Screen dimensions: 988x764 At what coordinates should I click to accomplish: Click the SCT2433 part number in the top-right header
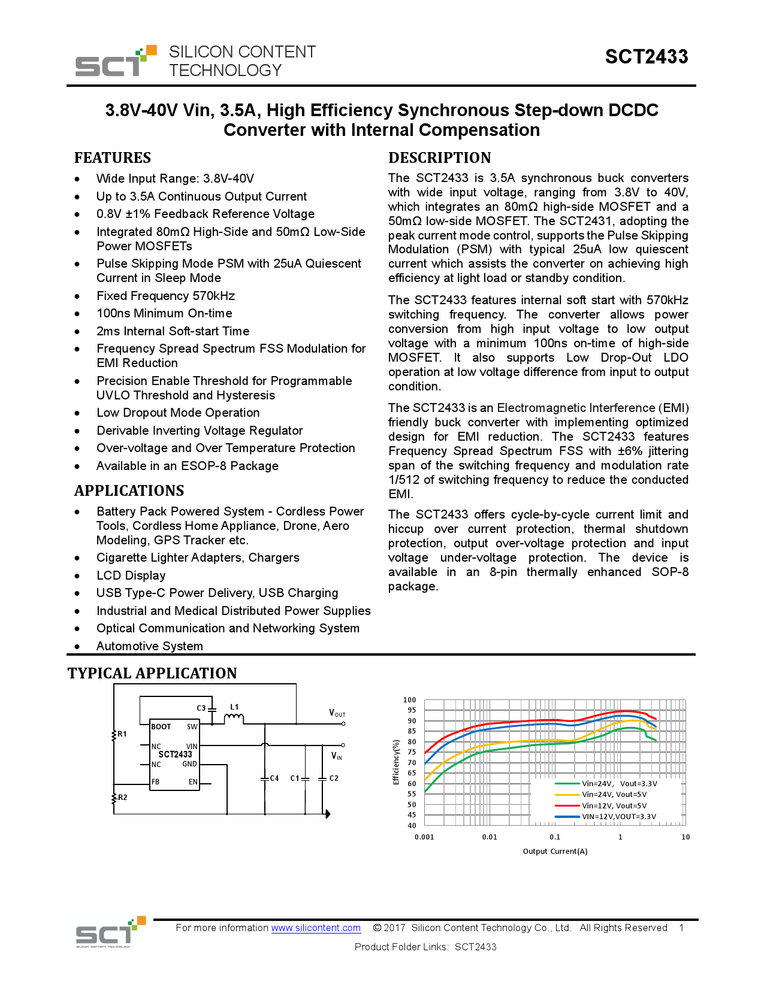tap(646, 57)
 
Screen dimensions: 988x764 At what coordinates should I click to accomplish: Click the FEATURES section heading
tap(113, 158)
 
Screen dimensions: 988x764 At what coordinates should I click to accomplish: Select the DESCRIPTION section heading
tap(439, 158)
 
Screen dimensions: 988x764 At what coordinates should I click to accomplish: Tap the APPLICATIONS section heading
tap(129, 491)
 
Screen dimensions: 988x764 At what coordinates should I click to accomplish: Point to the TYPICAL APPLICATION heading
tap(152, 674)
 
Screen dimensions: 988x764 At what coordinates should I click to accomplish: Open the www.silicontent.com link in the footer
tap(316, 928)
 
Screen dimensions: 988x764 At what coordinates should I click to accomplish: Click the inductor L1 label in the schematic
tap(234, 707)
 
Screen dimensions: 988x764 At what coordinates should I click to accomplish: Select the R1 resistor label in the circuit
tap(122, 734)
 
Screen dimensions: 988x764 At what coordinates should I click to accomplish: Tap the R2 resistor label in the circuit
tap(123, 798)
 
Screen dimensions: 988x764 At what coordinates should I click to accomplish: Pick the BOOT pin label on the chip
tap(161, 727)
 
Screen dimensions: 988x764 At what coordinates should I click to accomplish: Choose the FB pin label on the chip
tap(156, 782)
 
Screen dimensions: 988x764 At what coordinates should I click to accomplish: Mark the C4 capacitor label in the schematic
tap(274, 778)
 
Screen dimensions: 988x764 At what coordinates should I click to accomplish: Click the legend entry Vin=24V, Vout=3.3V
tap(619, 784)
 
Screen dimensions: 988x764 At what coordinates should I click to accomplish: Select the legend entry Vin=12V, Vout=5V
tap(614, 806)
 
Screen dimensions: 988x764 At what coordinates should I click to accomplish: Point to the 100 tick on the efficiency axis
tap(409, 700)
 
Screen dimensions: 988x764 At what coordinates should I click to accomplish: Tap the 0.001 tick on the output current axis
tap(424, 837)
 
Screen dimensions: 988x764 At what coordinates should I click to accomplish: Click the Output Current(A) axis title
tap(555, 851)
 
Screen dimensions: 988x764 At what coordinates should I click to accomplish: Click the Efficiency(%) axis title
tap(396, 762)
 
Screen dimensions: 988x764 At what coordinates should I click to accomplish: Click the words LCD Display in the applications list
tap(131, 575)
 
